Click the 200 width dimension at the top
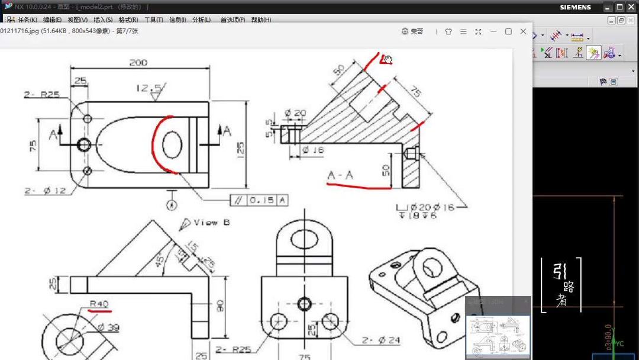coord(138,63)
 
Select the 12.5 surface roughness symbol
coord(150,89)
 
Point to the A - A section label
coord(340,175)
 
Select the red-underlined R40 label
coord(99,304)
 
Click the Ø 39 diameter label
coord(108,327)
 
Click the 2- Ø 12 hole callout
coord(45,191)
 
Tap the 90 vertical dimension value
coord(220,306)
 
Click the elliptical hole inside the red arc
coord(172,145)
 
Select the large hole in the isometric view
coord(432,266)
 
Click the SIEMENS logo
coord(575,8)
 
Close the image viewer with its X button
coord(523,31)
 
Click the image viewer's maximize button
coord(508,31)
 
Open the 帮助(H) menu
coord(261,20)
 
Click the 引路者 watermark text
coord(561,285)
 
